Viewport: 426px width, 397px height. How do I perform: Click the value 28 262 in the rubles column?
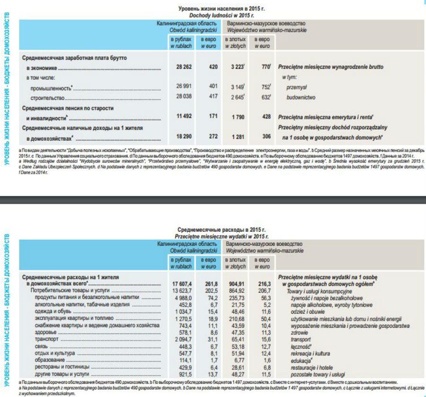[x=184, y=67]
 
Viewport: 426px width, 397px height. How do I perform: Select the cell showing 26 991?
[x=184, y=87]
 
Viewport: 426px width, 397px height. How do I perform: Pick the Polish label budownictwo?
[x=301, y=98]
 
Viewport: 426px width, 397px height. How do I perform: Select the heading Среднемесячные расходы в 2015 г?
[x=222, y=229]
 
